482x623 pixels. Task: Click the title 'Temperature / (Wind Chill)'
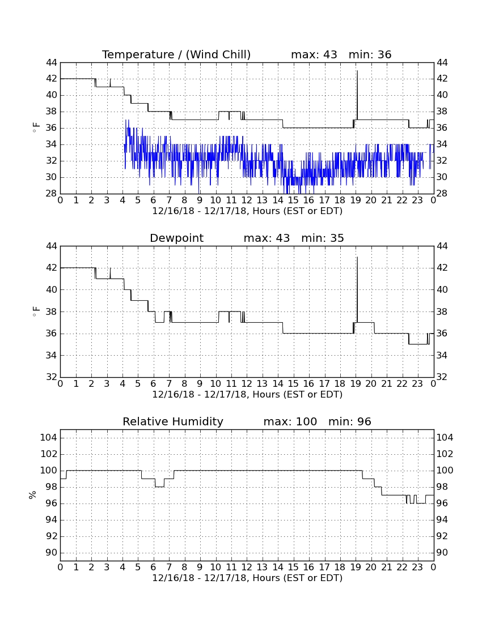[176, 55]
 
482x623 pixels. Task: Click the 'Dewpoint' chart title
[176, 238]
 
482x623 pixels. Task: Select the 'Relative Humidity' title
[173, 422]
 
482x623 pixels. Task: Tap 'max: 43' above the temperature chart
[314, 55]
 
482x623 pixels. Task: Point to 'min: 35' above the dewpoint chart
[323, 238]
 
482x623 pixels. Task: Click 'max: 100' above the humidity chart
[290, 422]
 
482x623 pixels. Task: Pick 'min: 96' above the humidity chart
[350, 422]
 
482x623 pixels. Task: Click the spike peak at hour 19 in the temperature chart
[357, 71]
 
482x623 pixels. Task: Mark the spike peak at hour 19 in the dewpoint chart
[357, 257]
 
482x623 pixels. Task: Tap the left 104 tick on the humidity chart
[49, 438]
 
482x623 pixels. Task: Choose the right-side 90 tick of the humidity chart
[442, 553]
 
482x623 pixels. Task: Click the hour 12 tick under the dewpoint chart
[247, 384]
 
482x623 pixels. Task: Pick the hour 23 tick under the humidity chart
[417, 567]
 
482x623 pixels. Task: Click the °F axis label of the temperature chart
[36, 128]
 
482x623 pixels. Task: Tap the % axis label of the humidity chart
[33, 495]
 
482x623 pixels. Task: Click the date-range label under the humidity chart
[247, 578]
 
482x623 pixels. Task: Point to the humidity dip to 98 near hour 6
[159, 487]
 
